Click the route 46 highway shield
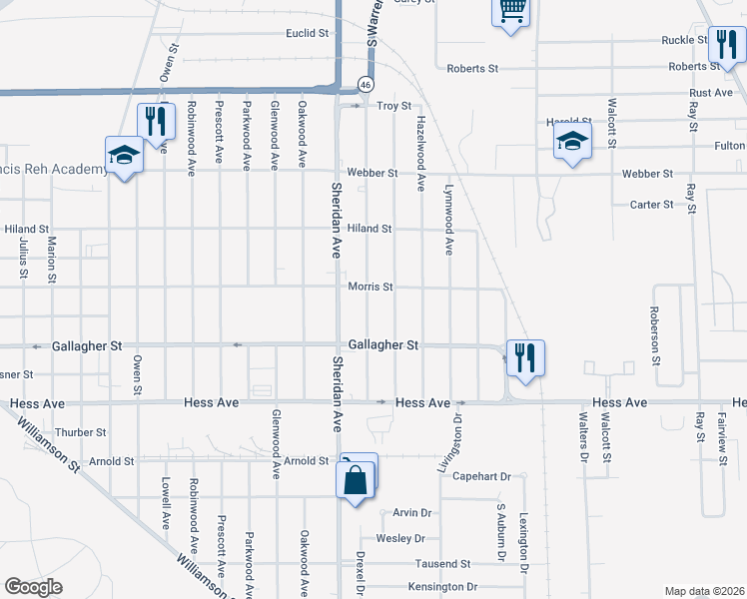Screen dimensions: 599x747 click(x=367, y=84)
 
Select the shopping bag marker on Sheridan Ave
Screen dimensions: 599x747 click(x=357, y=480)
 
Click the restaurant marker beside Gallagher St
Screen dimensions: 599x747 click(x=525, y=356)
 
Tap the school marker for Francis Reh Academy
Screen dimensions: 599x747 click(x=124, y=155)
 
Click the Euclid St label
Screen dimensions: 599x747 click(x=307, y=33)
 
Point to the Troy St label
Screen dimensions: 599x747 click(x=393, y=106)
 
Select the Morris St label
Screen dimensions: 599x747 click(x=371, y=287)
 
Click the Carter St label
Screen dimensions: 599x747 click(x=651, y=205)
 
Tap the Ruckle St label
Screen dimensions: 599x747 click(x=684, y=41)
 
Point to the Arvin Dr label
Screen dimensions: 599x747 click(x=411, y=513)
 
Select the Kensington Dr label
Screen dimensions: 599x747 click(x=443, y=587)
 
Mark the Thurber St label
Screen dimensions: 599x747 click(x=81, y=432)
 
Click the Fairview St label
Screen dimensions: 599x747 click(x=722, y=435)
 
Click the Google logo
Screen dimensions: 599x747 click(x=34, y=587)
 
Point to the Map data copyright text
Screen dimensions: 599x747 click(x=702, y=591)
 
